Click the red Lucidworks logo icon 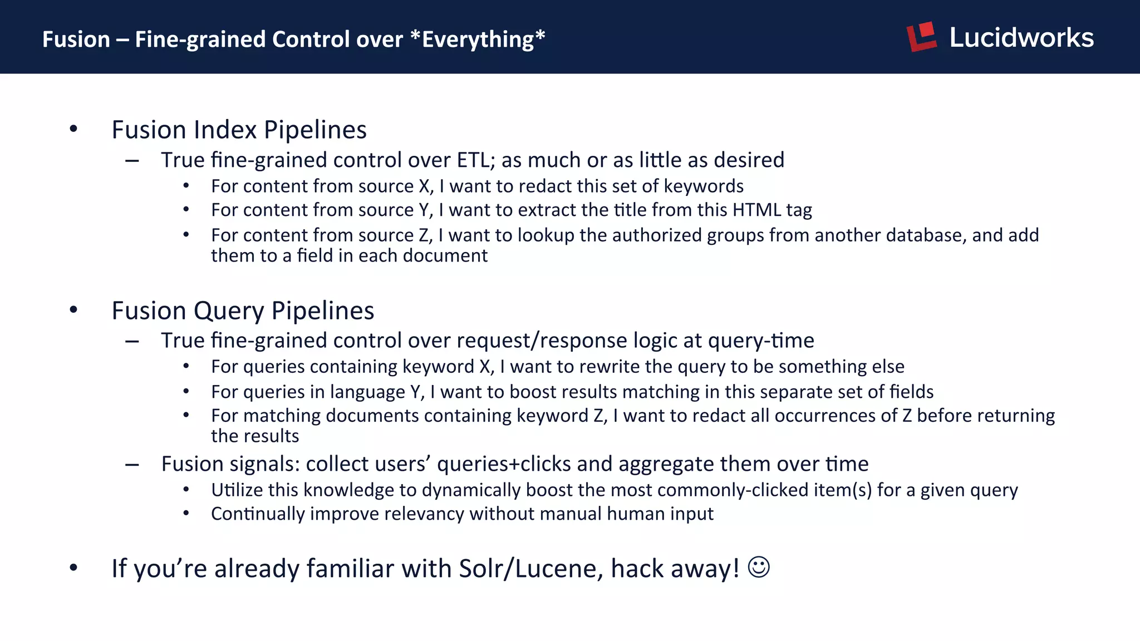[922, 37]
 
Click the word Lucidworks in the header [1021, 38]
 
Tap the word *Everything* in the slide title [478, 40]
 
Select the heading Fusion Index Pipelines [239, 130]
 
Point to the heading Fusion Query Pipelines [243, 310]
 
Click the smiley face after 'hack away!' [759, 568]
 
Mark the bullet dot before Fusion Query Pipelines [73, 309]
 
